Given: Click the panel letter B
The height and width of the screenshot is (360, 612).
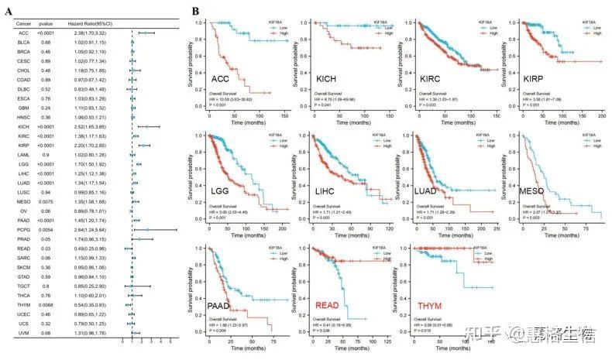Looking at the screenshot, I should click(197, 12).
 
